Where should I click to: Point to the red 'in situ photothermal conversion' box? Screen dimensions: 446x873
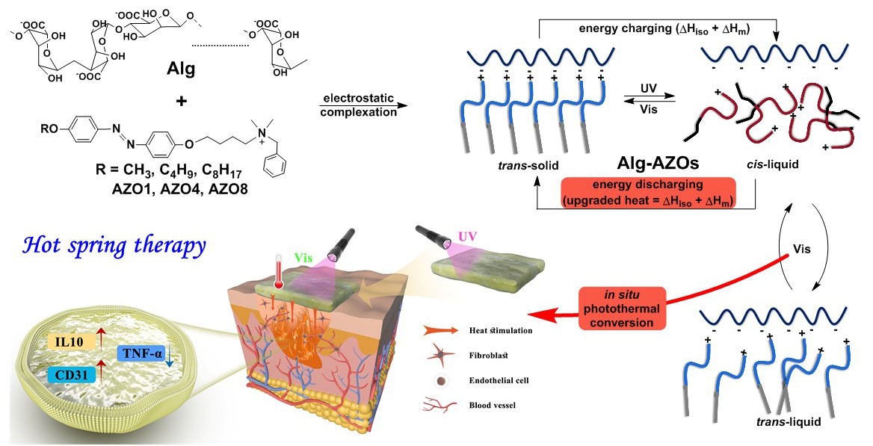[617, 308]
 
